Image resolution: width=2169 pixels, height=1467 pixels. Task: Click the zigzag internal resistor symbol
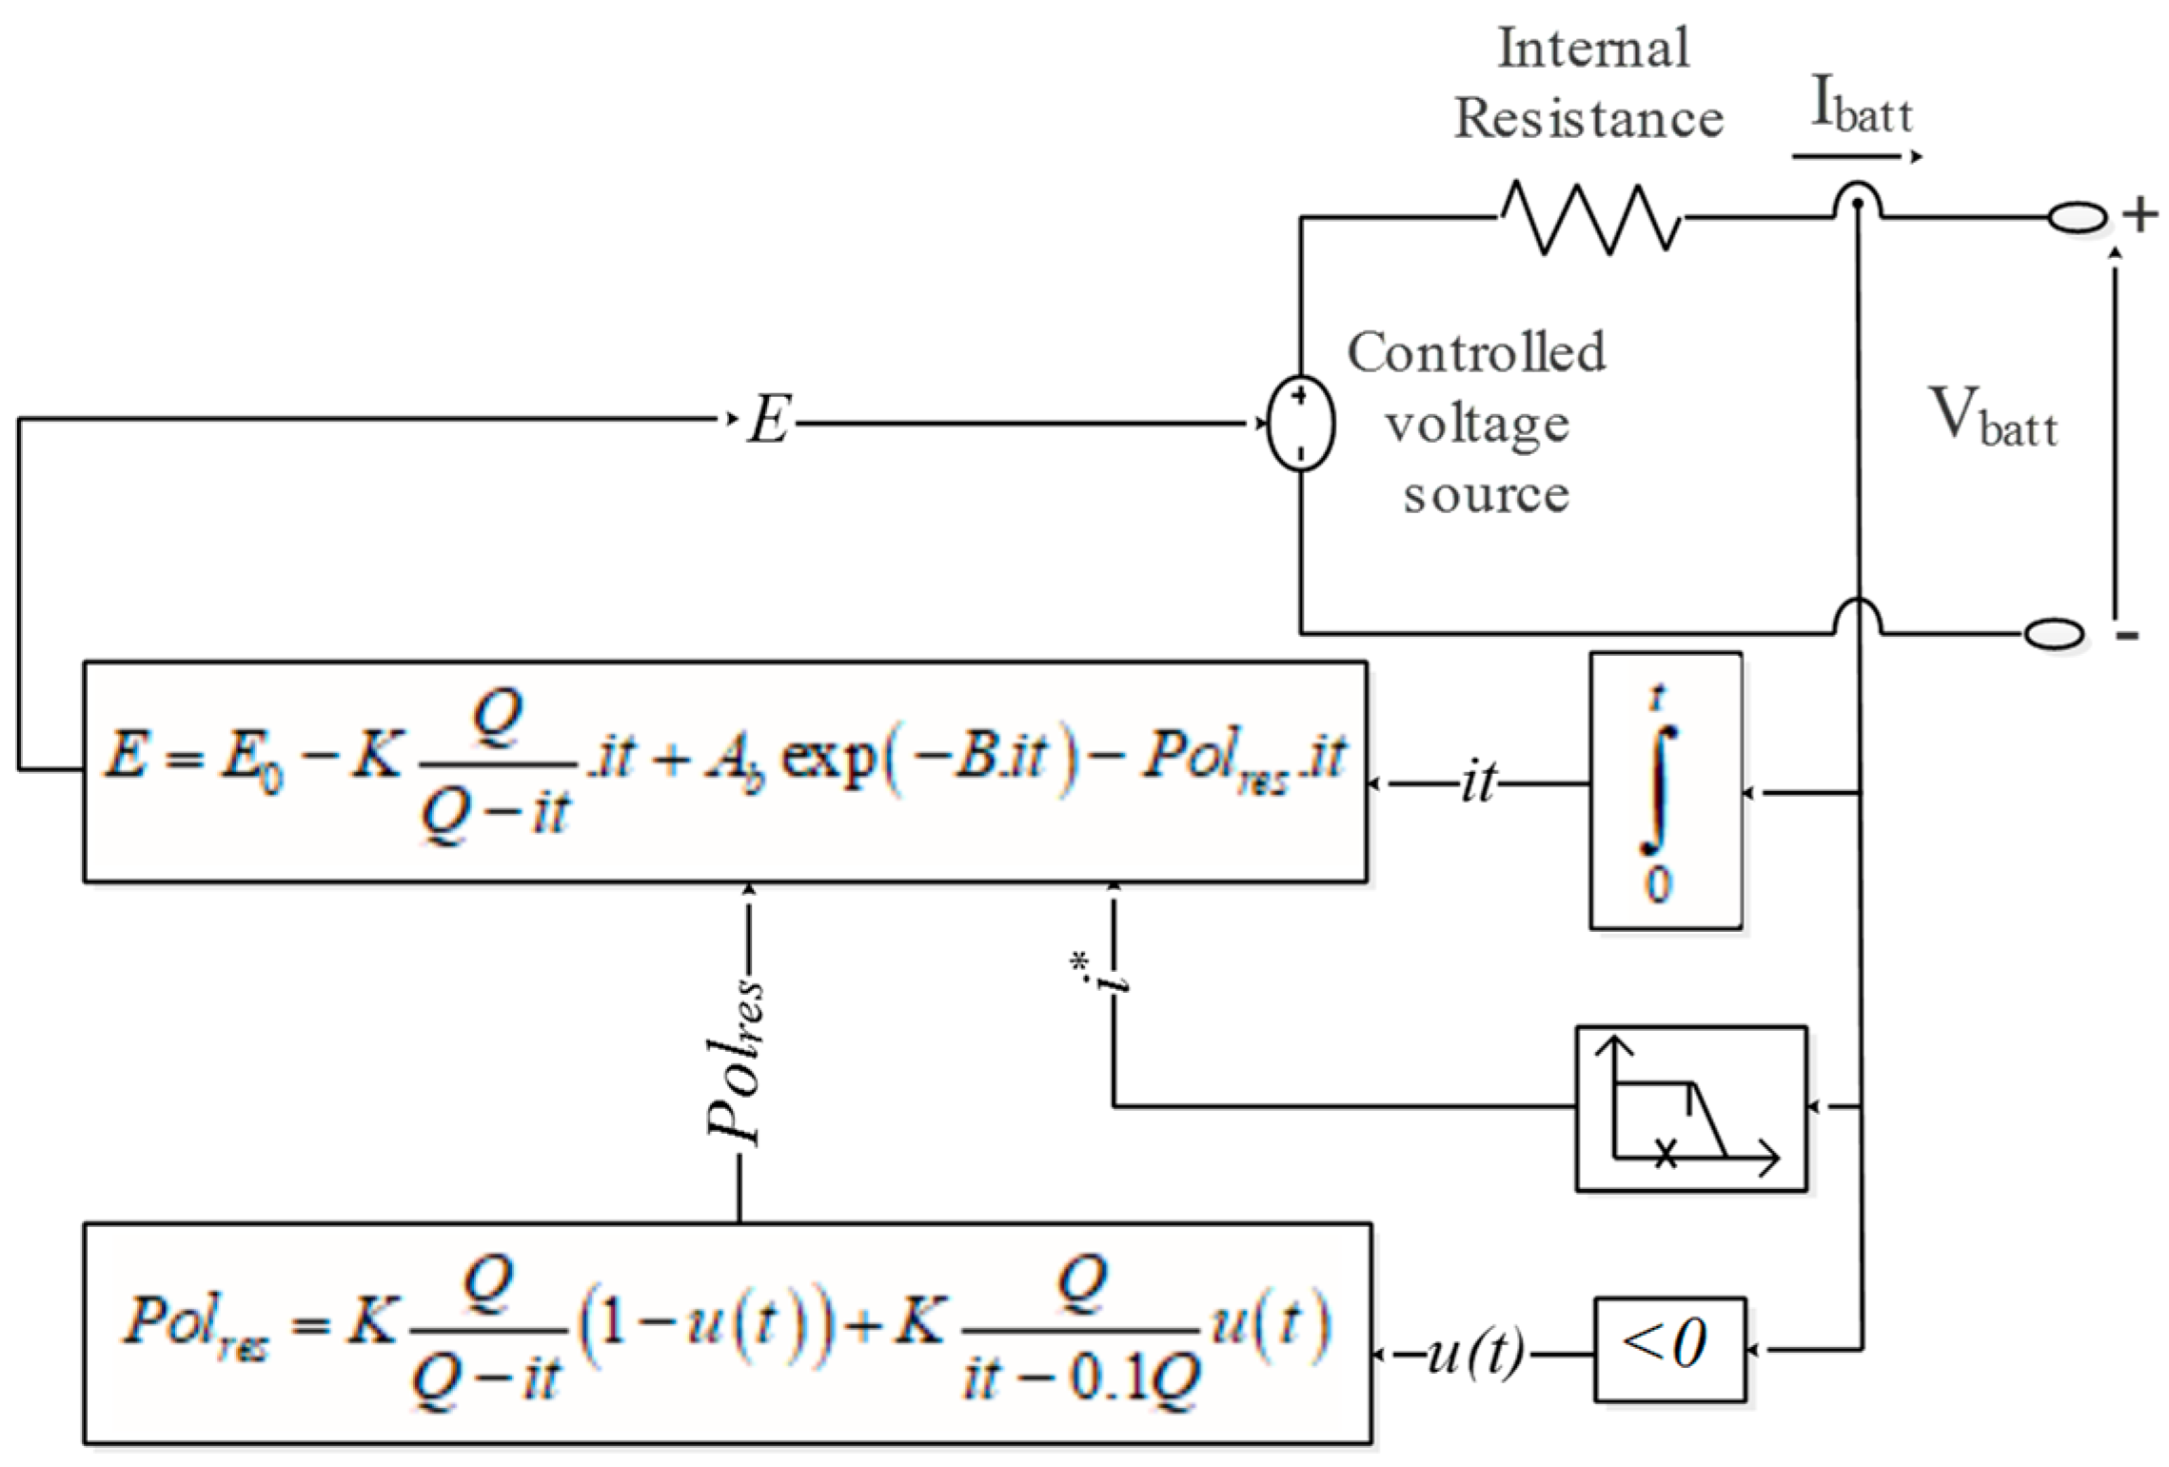point(1589,218)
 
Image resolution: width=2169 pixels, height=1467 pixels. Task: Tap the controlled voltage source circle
point(1300,423)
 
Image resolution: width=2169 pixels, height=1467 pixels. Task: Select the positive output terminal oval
point(2077,218)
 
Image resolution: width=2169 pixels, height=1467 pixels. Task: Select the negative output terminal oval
point(2053,633)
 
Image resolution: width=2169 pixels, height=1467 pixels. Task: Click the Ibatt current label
point(1860,107)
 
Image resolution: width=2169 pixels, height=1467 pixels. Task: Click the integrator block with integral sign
point(1665,789)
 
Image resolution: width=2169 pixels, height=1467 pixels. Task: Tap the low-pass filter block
point(1690,1108)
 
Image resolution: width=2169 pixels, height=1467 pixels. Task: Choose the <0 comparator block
point(1669,1348)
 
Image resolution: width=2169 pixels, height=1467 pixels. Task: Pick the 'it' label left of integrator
point(1478,783)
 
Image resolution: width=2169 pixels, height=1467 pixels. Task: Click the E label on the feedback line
point(769,420)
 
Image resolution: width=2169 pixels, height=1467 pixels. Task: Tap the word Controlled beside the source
point(1475,352)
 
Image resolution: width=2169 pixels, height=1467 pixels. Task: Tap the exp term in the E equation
point(826,758)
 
